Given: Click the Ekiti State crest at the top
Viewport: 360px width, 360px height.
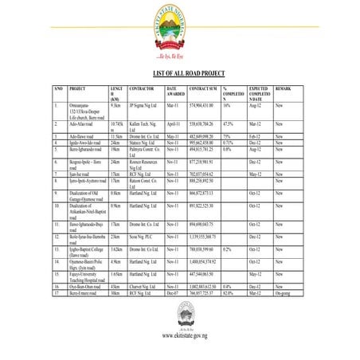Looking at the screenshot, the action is click(181, 32).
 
